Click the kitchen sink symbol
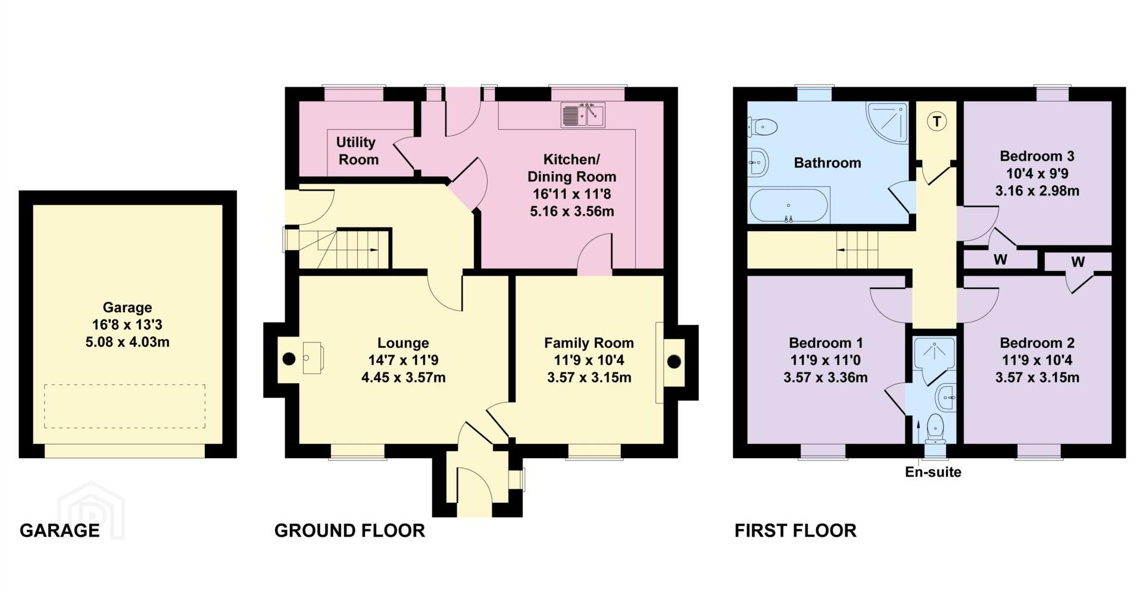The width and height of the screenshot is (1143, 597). pos(583,115)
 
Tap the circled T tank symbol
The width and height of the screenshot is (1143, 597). pos(937,122)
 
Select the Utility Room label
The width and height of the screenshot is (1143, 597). pos(357,151)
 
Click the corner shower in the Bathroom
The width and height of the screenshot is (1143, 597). pos(888,122)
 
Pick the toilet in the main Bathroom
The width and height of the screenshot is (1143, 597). pos(763,126)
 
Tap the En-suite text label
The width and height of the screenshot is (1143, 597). pos(933,472)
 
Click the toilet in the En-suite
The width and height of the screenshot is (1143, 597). pos(936,428)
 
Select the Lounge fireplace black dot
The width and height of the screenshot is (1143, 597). pos(289,359)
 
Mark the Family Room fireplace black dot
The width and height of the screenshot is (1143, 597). pos(674,362)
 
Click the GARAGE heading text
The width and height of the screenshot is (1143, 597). pos(60,530)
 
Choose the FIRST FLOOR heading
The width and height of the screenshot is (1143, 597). pos(795,530)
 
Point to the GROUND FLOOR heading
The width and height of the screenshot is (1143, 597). pos(349,530)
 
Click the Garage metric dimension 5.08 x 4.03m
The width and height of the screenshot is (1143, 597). pos(127,342)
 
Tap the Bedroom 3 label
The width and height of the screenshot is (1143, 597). pos(1037,156)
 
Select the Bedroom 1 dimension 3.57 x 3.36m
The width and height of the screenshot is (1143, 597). pos(826,377)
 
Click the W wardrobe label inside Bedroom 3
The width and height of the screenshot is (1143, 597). pos(1000,260)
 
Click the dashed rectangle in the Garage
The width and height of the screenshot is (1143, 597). pos(124,406)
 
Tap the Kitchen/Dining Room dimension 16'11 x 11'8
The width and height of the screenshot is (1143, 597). pos(571,194)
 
